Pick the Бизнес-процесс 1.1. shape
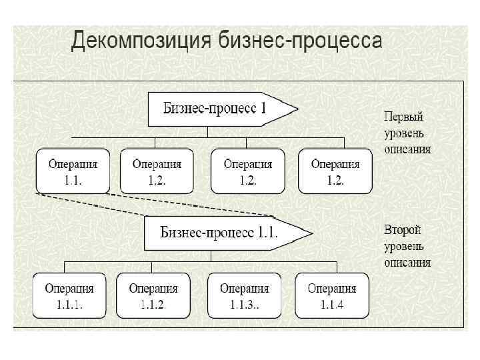(x=220, y=233)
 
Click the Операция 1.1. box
(x=73, y=171)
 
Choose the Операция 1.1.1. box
(x=69, y=295)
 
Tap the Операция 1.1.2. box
(x=153, y=295)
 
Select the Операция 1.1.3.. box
(x=244, y=295)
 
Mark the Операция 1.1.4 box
(x=331, y=295)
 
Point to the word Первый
(x=404, y=116)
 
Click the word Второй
(x=403, y=230)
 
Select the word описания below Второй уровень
(x=407, y=263)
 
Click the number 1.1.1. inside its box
(x=69, y=305)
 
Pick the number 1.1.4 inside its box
(x=331, y=305)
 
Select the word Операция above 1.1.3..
(x=244, y=289)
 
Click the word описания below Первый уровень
(x=407, y=149)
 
